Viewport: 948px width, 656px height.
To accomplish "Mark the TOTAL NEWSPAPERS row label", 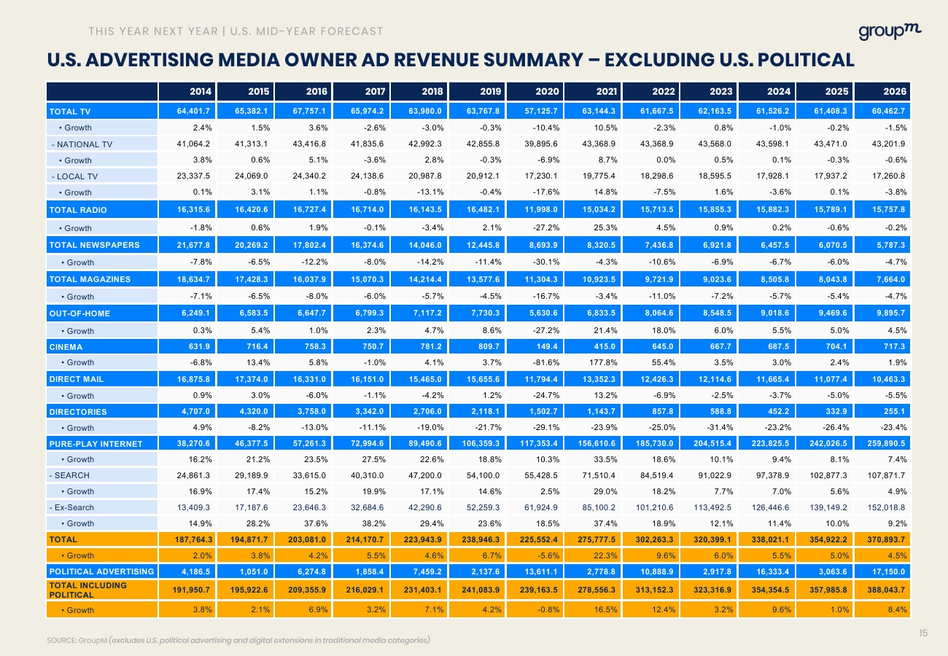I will tap(94, 244).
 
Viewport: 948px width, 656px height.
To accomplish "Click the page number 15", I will tap(923, 633).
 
